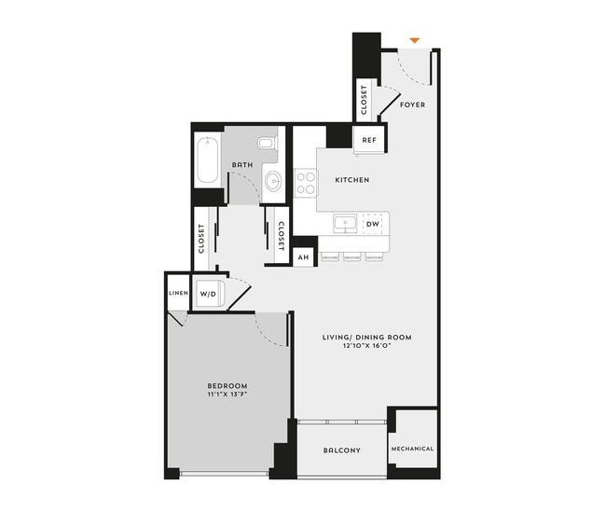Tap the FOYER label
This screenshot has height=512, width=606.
pos(412,104)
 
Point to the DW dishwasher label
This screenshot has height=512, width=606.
pos(371,224)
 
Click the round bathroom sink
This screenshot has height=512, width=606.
pos(273,180)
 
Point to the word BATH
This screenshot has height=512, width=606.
pos(242,164)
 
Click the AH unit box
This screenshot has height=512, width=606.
pos(302,256)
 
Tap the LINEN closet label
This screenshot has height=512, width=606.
pos(178,293)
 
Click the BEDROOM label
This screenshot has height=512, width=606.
pos(227,386)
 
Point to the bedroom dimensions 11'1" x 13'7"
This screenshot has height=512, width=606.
pos(227,395)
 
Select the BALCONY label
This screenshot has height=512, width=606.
pos(342,451)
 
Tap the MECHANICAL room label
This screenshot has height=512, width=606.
pos(412,449)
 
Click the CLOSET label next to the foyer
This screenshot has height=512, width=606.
pos(363,102)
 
